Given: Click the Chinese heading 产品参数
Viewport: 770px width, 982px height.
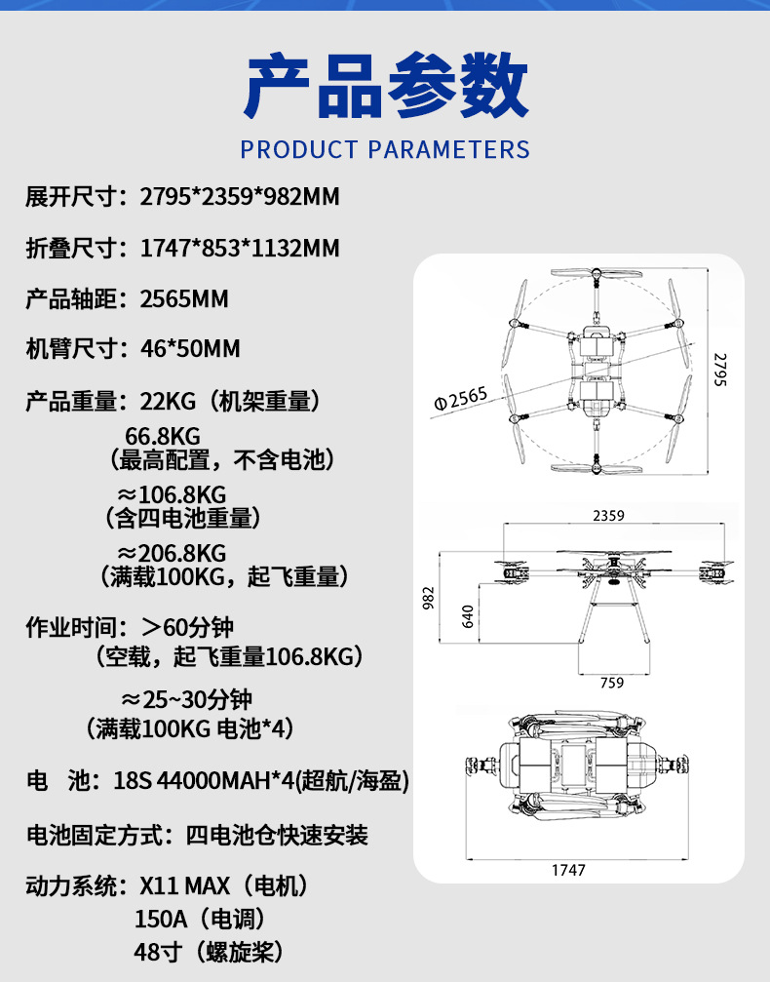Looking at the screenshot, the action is pos(385,86).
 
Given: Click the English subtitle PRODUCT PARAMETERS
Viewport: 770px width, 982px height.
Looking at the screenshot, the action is pos(385,149).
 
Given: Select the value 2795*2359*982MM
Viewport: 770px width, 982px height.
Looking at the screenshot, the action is pos(240,197).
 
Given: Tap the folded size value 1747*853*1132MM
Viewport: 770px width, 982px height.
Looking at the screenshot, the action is pos(240,248).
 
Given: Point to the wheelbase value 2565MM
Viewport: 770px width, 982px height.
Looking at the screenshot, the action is pos(184,298).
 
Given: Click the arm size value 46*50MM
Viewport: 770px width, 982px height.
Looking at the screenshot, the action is pos(190,348).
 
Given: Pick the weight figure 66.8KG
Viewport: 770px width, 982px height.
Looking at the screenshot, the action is pos(163,436).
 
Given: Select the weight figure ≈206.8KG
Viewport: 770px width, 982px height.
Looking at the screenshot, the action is pos(172,553).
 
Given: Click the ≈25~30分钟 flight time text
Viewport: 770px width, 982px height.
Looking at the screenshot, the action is pos(186,699).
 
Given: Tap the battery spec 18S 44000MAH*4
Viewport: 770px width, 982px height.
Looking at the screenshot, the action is pos(204,781).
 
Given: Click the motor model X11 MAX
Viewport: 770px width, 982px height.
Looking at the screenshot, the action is pos(184,886).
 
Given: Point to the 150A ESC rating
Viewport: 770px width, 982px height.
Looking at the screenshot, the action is pos(161,919).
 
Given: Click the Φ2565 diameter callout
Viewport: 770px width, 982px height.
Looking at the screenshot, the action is pos(460,398).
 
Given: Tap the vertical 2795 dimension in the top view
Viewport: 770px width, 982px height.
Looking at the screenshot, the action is pos(720,370).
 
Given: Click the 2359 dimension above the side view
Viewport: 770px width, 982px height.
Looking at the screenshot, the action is pos(608,516).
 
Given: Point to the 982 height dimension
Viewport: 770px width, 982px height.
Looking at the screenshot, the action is pos(428,598).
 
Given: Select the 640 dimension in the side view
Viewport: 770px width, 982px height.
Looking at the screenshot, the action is pos(468,616).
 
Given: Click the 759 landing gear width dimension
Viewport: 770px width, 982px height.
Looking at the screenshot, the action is pos(612,683).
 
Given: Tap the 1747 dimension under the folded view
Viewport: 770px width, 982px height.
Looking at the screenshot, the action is pos(568,870).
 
